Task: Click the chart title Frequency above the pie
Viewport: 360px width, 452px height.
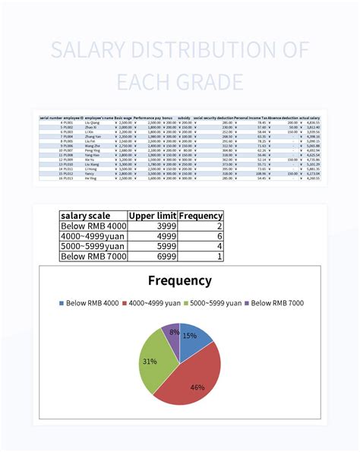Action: (179, 280)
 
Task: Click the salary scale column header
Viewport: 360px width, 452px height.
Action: (88, 216)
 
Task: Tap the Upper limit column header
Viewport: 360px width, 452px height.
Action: (152, 216)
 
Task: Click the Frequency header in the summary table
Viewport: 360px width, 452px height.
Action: (201, 216)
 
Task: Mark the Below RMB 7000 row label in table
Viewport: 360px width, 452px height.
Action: (93, 257)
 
